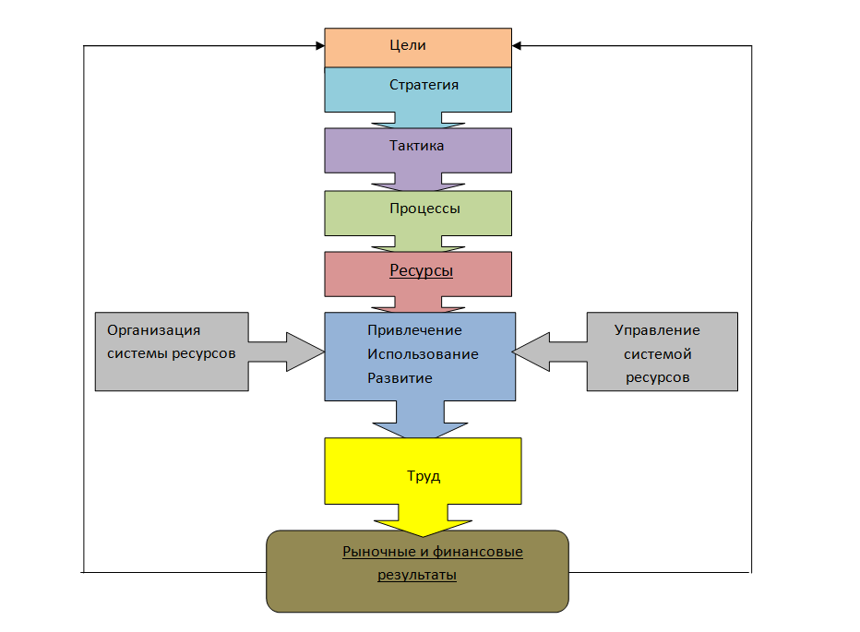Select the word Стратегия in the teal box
(x=424, y=85)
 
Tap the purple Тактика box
(x=417, y=146)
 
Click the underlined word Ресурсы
(x=421, y=271)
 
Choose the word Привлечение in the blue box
(x=414, y=330)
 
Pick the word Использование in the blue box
(x=423, y=354)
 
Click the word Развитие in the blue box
(x=400, y=378)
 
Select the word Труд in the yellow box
(x=424, y=477)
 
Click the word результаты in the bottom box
(x=417, y=575)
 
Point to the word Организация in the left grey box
(x=153, y=330)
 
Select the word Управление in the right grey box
(x=657, y=330)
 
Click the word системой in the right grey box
(x=657, y=354)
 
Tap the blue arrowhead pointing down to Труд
(x=420, y=427)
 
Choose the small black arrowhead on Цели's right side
(x=517, y=45)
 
